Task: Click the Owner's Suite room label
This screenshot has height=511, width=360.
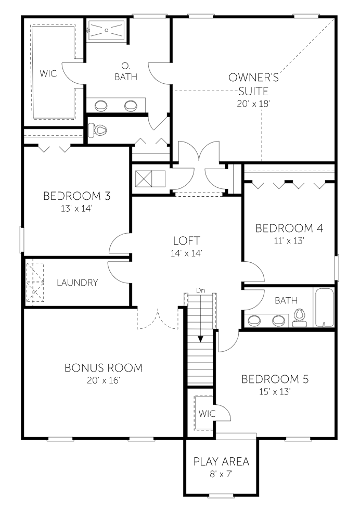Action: [253, 84]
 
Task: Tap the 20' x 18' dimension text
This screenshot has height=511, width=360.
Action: [253, 104]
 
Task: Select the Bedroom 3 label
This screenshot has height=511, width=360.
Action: [77, 196]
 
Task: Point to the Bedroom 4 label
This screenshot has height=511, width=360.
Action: [289, 228]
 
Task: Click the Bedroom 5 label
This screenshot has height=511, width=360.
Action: [275, 379]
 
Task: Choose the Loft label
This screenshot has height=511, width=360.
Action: [187, 240]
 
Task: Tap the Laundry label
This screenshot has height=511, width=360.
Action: [78, 282]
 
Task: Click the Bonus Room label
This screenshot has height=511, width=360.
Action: [104, 367]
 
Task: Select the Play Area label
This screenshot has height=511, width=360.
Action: [221, 461]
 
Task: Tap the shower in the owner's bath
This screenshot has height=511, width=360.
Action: [107, 30]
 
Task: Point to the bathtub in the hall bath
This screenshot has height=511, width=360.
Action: [324, 307]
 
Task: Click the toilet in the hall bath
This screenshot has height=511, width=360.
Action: [299, 317]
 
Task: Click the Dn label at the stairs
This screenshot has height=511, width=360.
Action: [200, 290]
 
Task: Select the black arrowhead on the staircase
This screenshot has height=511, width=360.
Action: [201, 339]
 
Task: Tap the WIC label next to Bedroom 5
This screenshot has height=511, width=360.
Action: [207, 413]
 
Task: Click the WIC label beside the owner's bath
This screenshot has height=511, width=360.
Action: [48, 73]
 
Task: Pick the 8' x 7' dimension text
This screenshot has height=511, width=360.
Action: [221, 474]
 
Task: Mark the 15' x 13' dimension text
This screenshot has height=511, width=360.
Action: [275, 391]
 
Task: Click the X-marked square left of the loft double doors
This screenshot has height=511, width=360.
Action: [144, 179]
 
